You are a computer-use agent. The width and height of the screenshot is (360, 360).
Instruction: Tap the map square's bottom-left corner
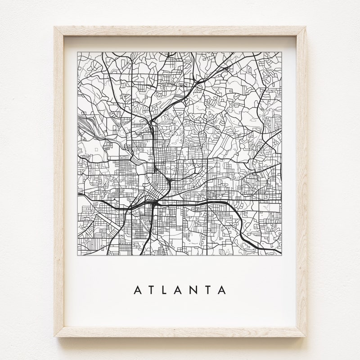point(77,257)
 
